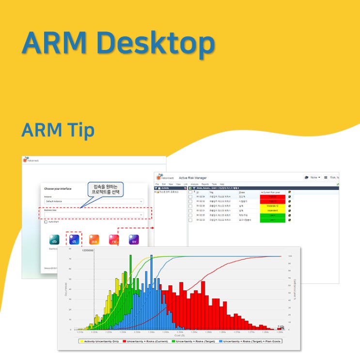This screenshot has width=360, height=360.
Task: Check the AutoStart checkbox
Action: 46,222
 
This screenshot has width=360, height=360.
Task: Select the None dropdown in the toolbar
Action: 312,177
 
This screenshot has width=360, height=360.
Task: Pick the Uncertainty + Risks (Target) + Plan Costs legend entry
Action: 250,341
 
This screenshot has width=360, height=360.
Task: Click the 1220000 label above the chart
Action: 88,251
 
